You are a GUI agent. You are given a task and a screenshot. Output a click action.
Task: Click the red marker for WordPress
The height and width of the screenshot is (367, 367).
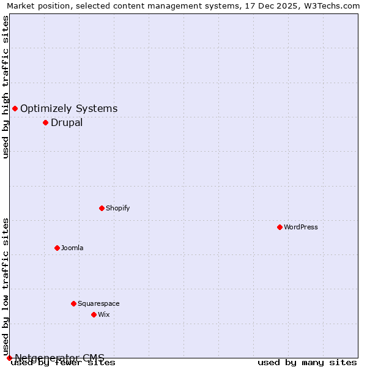click(x=280, y=227)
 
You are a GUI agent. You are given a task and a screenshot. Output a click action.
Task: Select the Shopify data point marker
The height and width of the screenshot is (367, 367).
click(x=102, y=208)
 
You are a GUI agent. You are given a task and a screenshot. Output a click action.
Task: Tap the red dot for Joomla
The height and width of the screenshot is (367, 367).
click(x=57, y=248)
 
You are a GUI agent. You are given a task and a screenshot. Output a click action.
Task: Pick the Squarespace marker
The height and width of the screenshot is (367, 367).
click(x=73, y=303)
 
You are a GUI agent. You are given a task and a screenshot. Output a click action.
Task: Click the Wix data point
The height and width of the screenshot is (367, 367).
click(x=94, y=314)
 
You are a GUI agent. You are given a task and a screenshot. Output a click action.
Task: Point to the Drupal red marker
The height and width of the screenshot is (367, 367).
click(x=45, y=122)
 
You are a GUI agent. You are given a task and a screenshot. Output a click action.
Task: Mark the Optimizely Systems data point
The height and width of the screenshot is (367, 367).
click(x=15, y=108)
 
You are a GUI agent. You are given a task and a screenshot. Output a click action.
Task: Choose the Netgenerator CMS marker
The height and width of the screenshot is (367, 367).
click(x=9, y=358)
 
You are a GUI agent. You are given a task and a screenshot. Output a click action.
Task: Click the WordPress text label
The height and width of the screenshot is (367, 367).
click(x=301, y=227)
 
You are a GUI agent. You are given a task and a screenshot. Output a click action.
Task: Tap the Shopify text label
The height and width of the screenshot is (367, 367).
click(x=118, y=208)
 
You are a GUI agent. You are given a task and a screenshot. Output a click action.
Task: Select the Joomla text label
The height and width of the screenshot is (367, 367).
click(x=72, y=248)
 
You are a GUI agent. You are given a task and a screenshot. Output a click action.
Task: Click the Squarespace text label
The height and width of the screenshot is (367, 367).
click(x=98, y=303)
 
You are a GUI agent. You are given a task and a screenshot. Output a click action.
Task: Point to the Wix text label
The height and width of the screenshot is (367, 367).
click(x=104, y=314)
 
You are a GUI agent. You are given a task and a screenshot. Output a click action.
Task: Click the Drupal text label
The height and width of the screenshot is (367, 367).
click(x=67, y=122)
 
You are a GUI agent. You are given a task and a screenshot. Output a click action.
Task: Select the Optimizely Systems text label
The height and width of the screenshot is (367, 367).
click(x=69, y=109)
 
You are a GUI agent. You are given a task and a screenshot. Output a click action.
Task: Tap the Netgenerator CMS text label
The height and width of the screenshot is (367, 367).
click(x=59, y=357)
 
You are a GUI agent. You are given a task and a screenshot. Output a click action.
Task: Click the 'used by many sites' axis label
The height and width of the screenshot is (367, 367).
click(x=307, y=363)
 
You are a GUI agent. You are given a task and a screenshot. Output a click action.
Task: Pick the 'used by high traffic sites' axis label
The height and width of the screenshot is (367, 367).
click(x=6, y=87)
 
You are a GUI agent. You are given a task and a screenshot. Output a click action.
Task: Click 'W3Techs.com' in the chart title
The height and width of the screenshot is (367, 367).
click(x=333, y=6)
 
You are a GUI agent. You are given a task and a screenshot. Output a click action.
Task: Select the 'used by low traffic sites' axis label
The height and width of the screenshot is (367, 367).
click(x=6, y=286)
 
